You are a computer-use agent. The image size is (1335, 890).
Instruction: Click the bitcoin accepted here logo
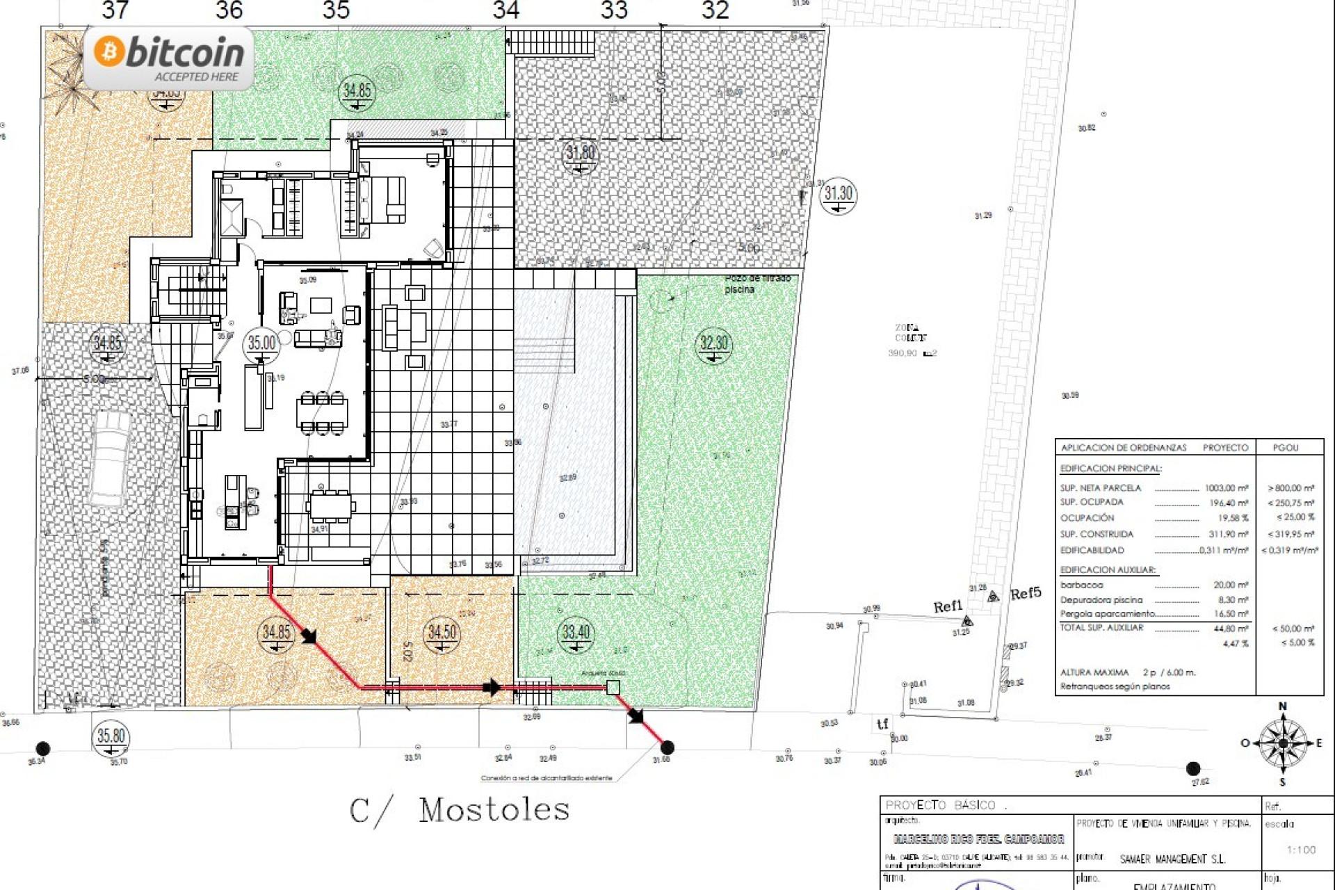click(169, 58)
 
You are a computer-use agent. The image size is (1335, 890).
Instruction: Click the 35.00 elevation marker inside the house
click(262, 343)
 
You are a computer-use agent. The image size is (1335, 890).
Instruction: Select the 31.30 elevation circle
click(838, 195)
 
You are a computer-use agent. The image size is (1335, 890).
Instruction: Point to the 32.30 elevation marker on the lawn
click(713, 344)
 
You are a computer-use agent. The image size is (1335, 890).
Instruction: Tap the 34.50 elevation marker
click(442, 633)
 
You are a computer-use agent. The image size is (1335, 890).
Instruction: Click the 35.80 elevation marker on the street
click(111, 737)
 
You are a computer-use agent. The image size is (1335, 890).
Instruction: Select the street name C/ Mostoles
click(460, 811)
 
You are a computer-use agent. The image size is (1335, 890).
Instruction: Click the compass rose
click(1283, 743)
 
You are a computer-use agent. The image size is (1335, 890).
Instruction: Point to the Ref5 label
click(1026, 593)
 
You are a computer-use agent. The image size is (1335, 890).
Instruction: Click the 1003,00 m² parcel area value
click(1227, 488)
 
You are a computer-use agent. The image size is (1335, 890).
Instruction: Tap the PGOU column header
click(1286, 448)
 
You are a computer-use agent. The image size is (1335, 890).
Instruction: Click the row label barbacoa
click(1081, 585)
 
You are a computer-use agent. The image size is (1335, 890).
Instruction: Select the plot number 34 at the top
click(506, 10)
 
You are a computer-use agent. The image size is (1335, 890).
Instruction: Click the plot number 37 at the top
click(115, 10)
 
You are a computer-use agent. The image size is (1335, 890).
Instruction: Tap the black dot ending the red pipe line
click(667, 747)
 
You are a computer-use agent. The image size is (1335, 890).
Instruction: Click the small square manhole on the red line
click(613, 688)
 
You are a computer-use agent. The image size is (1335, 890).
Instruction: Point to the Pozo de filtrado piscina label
click(756, 284)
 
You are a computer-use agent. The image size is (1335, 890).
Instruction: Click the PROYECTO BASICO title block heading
click(940, 805)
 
